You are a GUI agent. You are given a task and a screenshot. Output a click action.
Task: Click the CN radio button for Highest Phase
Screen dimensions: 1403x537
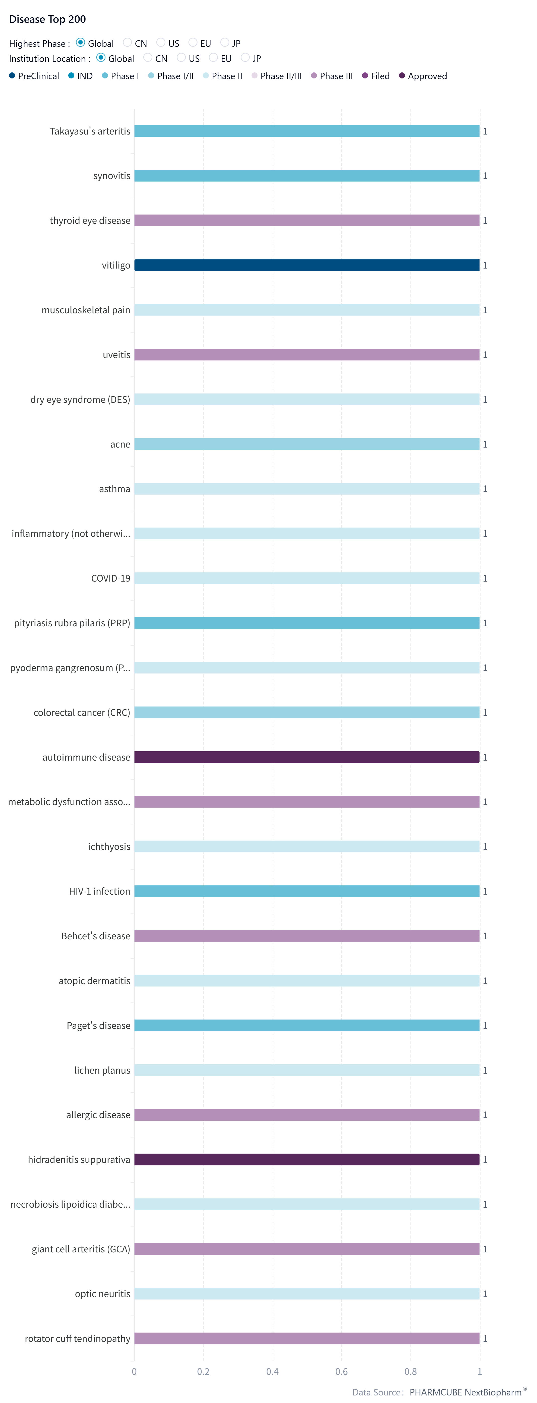(127, 42)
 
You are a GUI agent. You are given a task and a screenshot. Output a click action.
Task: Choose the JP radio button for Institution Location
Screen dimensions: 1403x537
(245, 58)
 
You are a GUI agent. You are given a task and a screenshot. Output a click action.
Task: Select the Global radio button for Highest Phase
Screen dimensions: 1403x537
(81, 42)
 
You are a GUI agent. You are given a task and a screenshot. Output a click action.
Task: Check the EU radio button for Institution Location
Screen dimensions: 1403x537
(213, 58)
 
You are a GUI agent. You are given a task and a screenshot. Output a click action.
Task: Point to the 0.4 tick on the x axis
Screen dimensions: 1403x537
(273, 1371)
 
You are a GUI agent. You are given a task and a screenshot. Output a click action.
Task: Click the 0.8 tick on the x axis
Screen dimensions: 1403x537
(411, 1371)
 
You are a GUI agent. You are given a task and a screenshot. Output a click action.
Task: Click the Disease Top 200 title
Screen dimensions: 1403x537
(47, 20)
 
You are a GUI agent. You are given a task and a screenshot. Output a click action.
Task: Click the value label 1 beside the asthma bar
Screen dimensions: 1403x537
(485, 489)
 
